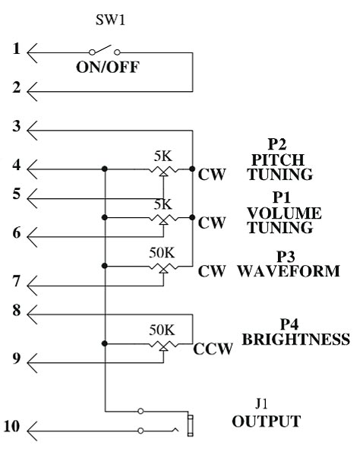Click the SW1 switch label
point(110,21)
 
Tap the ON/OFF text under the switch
point(108,68)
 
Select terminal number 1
point(17,49)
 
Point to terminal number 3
point(17,126)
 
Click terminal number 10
point(12,426)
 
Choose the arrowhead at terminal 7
point(32,286)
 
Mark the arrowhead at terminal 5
point(32,198)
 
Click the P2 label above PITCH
point(277,144)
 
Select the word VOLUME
point(284,213)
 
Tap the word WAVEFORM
point(289,271)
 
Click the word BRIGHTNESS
point(296,339)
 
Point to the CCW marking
point(213,349)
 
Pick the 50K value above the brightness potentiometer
point(162,330)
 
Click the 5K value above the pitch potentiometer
point(163,156)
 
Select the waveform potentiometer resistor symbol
point(163,267)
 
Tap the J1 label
point(261,404)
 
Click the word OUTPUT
point(267,422)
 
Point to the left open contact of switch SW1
point(92,52)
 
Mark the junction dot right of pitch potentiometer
point(192,169)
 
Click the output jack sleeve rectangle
point(191,425)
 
